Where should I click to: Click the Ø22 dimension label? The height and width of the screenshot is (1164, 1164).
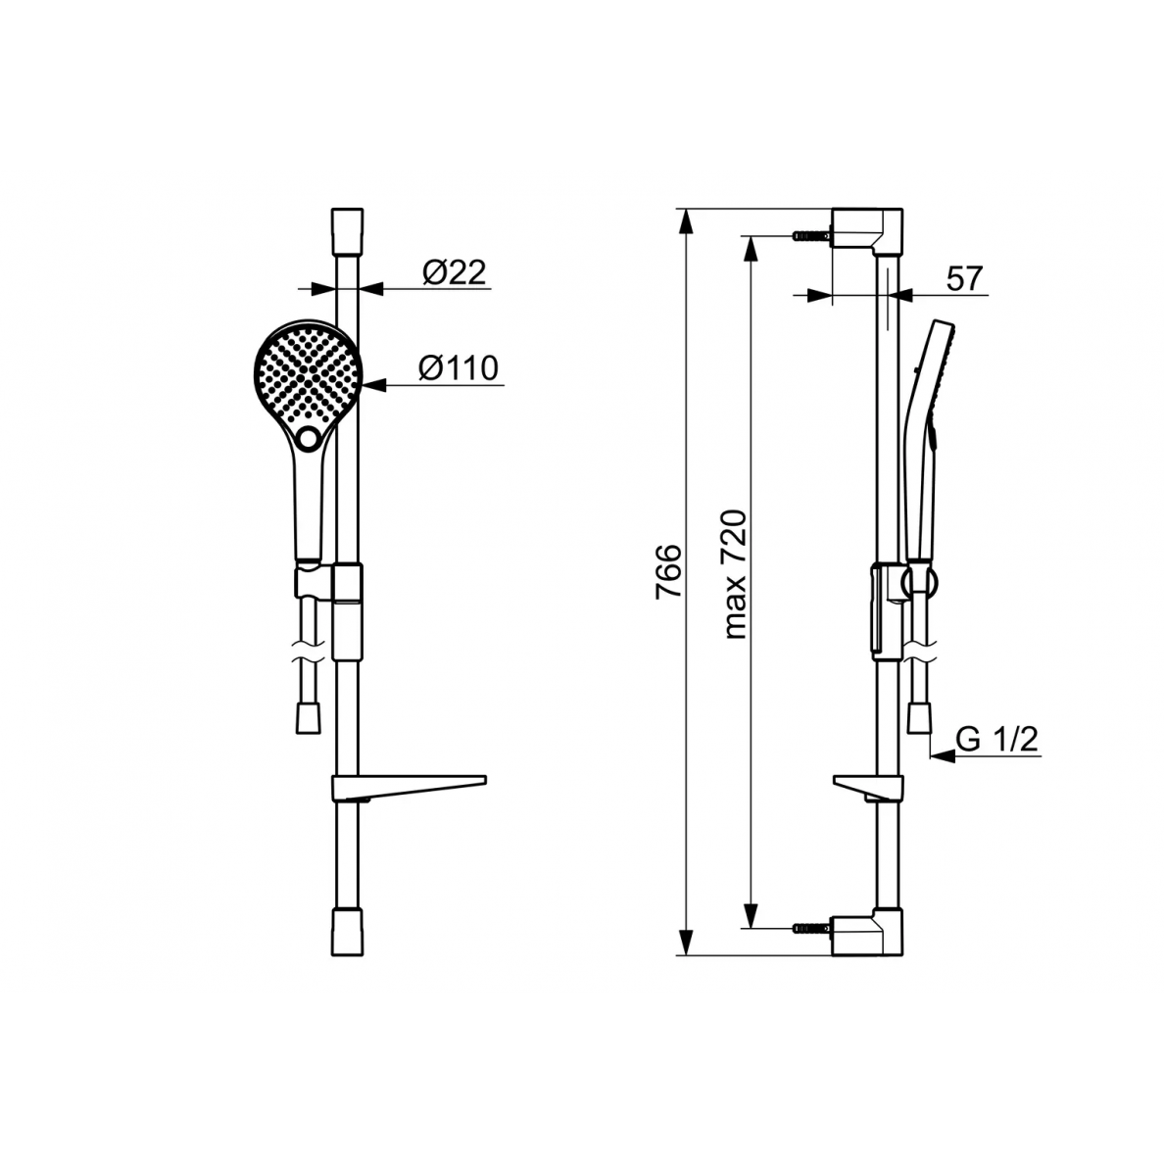[x=455, y=272]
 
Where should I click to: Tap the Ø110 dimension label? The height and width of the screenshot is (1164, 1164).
[x=458, y=368]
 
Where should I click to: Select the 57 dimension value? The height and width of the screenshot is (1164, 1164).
[x=964, y=279]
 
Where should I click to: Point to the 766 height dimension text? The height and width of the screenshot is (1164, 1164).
[x=668, y=571]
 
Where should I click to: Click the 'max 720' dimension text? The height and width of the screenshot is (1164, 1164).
[x=734, y=574]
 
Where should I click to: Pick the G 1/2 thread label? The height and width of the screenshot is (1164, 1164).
[x=997, y=740]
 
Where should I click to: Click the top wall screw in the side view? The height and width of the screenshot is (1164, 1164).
[x=811, y=235]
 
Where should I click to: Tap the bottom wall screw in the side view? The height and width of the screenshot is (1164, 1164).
[x=811, y=928]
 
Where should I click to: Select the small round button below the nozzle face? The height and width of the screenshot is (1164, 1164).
[x=308, y=438]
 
